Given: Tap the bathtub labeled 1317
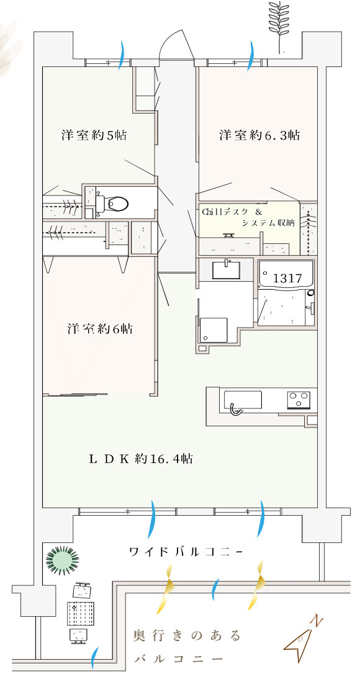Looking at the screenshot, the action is pos(286,275).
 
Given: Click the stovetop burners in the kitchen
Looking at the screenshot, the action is pos(299,400).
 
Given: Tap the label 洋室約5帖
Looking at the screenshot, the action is pos(94,135).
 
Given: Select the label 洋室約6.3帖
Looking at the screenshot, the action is pos(259,135).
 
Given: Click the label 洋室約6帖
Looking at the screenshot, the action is pos(100,328).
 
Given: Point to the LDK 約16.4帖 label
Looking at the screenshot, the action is pos(141,458).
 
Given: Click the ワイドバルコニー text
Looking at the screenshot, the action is pos(186,552).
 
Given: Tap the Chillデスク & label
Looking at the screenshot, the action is pos(232,212).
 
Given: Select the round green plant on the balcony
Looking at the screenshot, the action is pos(63,560).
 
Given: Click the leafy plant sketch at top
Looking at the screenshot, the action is pos(279,26).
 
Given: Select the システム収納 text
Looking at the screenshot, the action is pos(268,223).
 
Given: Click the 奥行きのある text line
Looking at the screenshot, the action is pos(187,636).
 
